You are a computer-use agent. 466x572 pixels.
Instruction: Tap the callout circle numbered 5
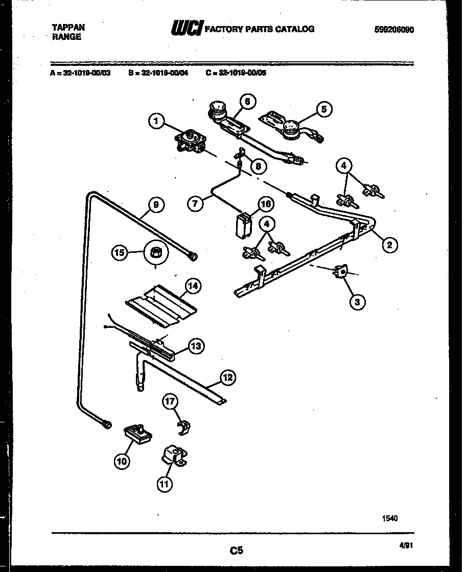(323, 109)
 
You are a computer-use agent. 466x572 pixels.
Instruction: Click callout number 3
(357, 302)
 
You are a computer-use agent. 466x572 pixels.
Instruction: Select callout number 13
(196, 346)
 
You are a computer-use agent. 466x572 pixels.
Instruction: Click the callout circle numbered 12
(228, 378)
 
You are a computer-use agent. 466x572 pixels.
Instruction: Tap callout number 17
(171, 402)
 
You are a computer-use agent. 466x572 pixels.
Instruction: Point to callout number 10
(122, 462)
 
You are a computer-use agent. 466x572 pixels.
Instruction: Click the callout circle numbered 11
(164, 484)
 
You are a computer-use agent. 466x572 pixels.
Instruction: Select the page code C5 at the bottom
(236, 551)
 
